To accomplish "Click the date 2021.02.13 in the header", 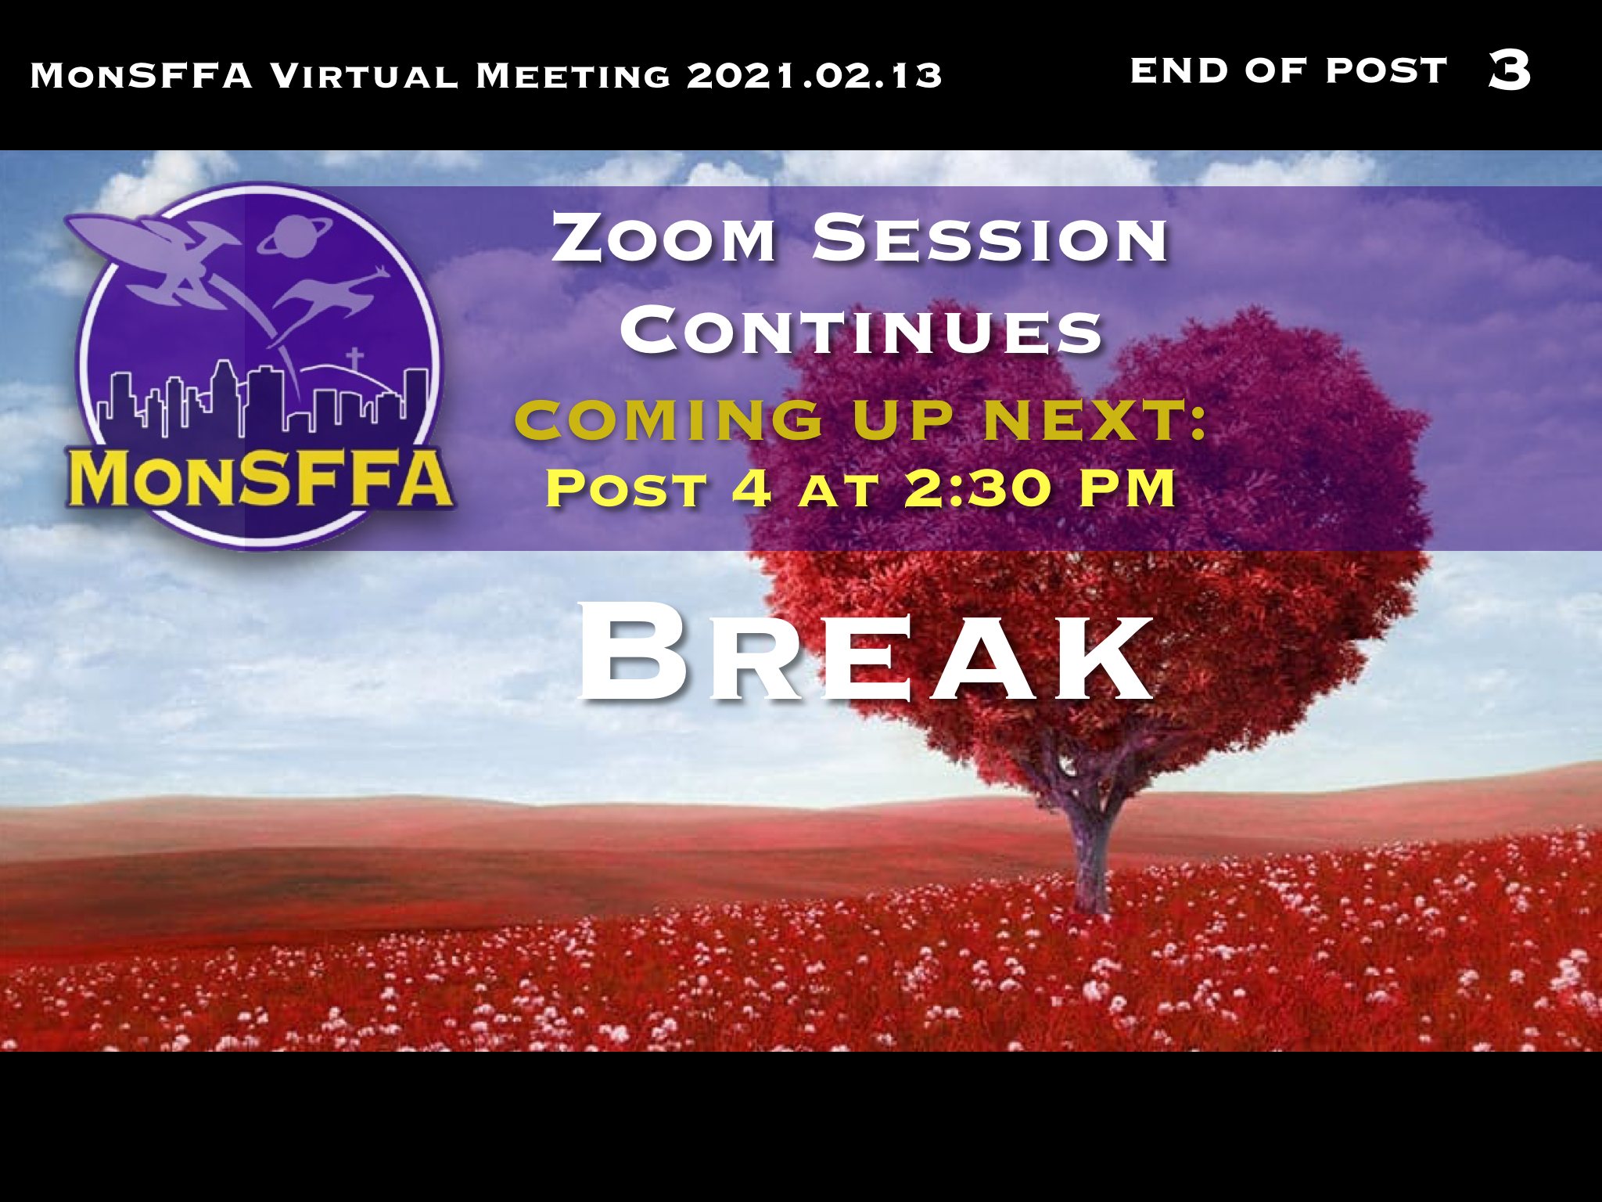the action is pyautogui.click(x=814, y=76).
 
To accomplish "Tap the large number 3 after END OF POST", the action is pyautogui.click(x=1509, y=70).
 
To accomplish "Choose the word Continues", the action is pyautogui.click(x=861, y=330).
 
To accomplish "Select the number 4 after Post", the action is pyautogui.click(x=752, y=488).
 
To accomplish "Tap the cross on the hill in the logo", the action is pyautogui.click(x=355, y=359).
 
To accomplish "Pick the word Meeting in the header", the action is pyautogui.click(x=573, y=76).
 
